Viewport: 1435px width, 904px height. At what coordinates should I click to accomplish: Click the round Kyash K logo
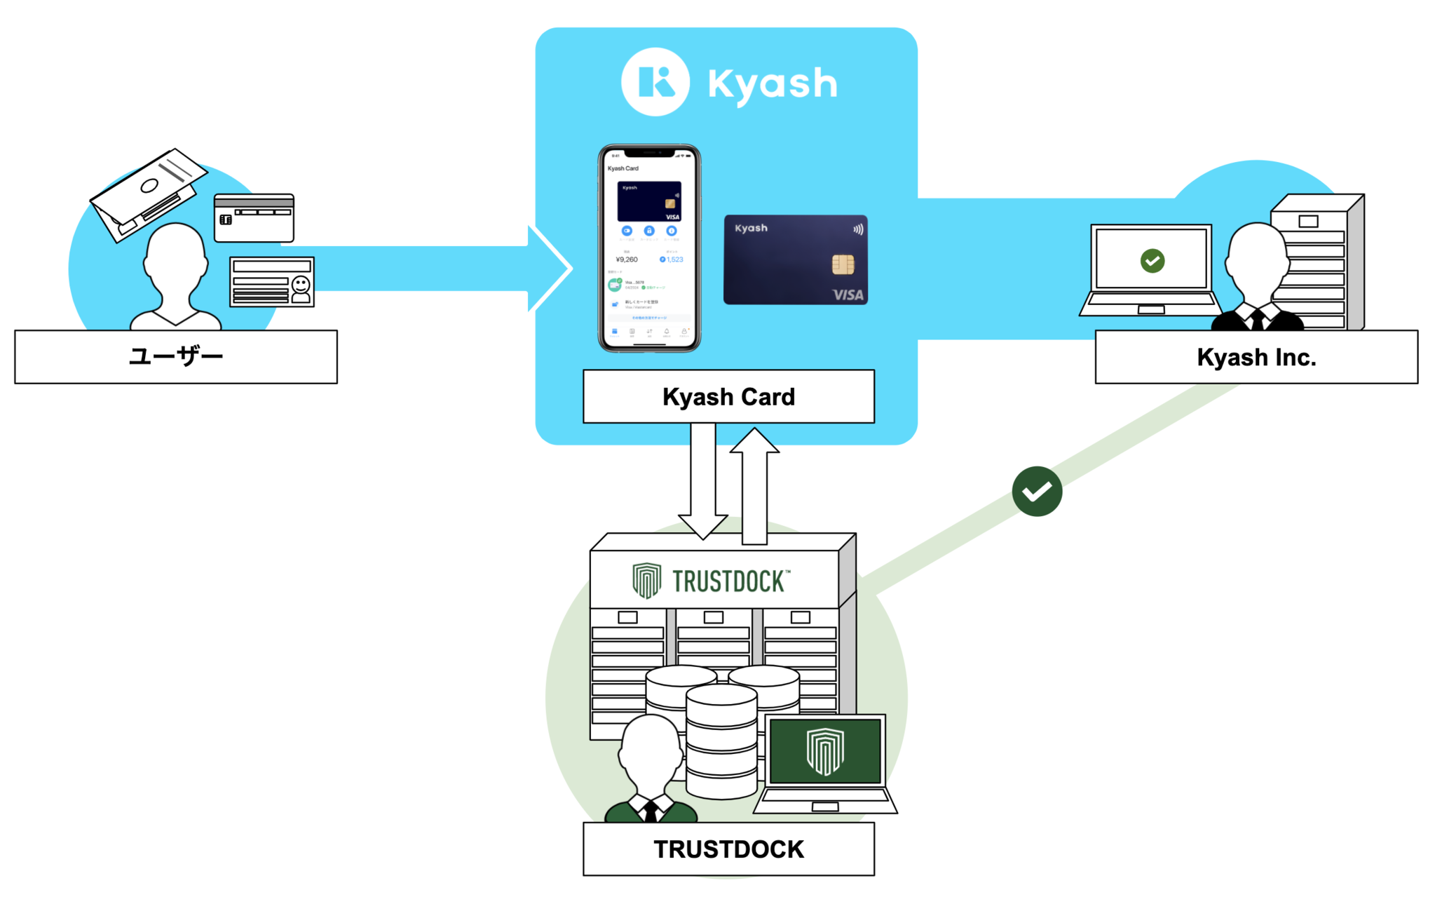(655, 82)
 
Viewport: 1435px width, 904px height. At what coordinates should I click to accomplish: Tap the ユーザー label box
(175, 356)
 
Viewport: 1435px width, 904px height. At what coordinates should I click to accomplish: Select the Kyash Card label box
(728, 396)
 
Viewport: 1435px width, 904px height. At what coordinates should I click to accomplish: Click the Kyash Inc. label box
(1256, 357)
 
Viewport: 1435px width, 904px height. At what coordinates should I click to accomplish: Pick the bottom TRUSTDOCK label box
(728, 849)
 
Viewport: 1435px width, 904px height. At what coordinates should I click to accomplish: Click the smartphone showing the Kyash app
(649, 248)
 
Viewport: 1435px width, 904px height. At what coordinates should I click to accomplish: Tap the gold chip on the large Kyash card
(842, 264)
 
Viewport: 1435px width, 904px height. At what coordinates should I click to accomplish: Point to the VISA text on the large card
(848, 295)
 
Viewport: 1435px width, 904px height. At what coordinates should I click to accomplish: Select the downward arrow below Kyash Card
(703, 484)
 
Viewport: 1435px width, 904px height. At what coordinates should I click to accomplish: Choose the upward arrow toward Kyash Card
(754, 484)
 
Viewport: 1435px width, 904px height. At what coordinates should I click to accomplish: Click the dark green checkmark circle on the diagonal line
(1036, 491)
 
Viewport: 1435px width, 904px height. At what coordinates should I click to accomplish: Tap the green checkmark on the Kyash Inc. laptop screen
(1152, 261)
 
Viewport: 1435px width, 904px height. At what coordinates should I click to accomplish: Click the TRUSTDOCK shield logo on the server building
(646, 580)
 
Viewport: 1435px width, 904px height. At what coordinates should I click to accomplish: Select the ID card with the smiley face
(272, 282)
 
